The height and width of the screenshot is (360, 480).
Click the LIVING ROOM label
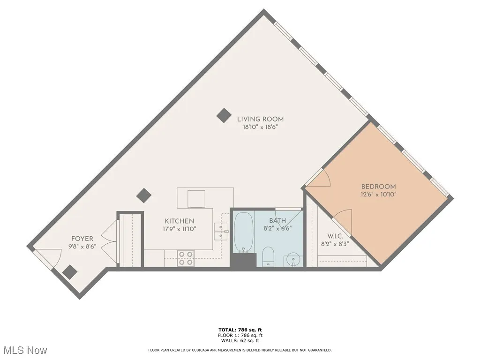[x=260, y=119]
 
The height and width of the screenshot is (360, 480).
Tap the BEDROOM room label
[x=378, y=186]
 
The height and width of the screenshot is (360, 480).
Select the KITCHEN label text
[x=179, y=221]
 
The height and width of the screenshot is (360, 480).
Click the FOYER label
[x=82, y=239]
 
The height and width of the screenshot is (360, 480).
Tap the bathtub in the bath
[x=243, y=232]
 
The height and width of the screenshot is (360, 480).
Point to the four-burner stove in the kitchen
[x=186, y=258]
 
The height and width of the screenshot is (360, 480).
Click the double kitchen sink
[x=220, y=227]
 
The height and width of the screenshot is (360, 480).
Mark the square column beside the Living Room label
[x=224, y=115]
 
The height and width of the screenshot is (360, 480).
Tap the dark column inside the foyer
[x=70, y=271]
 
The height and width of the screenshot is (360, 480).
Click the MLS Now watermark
[x=25, y=350]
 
